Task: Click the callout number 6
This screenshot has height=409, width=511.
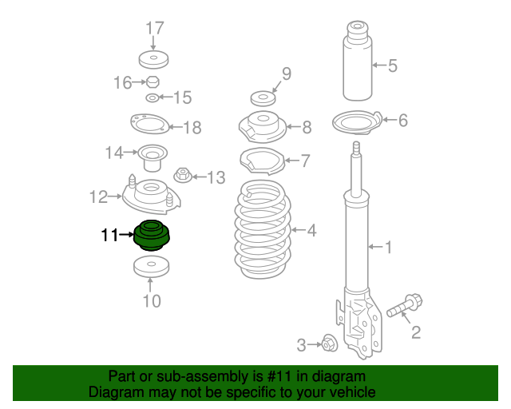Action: (402, 121)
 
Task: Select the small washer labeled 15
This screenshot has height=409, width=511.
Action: (153, 98)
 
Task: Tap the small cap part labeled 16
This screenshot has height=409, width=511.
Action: (153, 82)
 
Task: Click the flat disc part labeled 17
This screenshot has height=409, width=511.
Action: (154, 61)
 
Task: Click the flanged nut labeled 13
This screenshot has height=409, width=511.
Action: (183, 175)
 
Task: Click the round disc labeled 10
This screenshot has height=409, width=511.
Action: (152, 267)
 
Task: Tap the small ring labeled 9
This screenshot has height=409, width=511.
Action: (262, 99)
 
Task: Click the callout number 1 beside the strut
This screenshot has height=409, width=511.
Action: (389, 248)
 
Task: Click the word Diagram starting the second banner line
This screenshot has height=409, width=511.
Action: (116, 392)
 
